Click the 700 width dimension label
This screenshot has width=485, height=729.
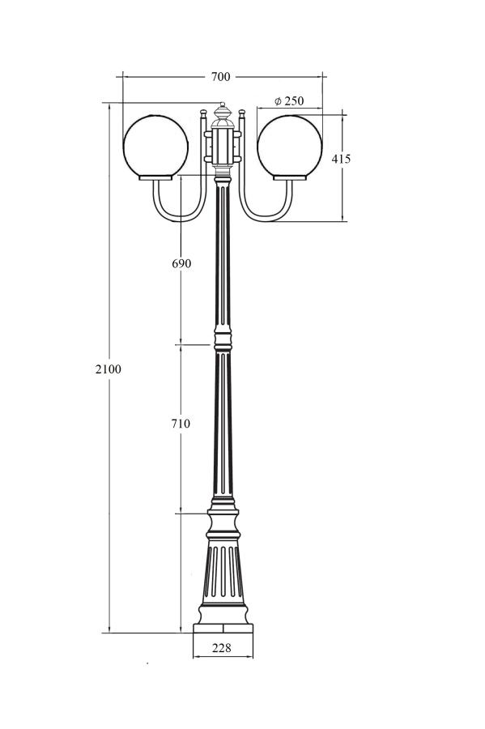pos(221,77)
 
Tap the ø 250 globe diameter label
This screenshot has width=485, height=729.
pos(289,101)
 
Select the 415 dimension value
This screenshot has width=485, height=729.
pos(341,159)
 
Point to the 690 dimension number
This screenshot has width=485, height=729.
pos(181,263)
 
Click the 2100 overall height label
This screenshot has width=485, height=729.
pos(108,369)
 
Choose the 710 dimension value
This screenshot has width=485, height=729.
pos(181,424)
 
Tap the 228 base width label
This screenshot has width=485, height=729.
pos(222,648)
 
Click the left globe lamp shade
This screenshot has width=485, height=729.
pos(155,146)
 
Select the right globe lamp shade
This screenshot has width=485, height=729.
pos(289,146)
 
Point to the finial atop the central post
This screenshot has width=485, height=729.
pos(223,112)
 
